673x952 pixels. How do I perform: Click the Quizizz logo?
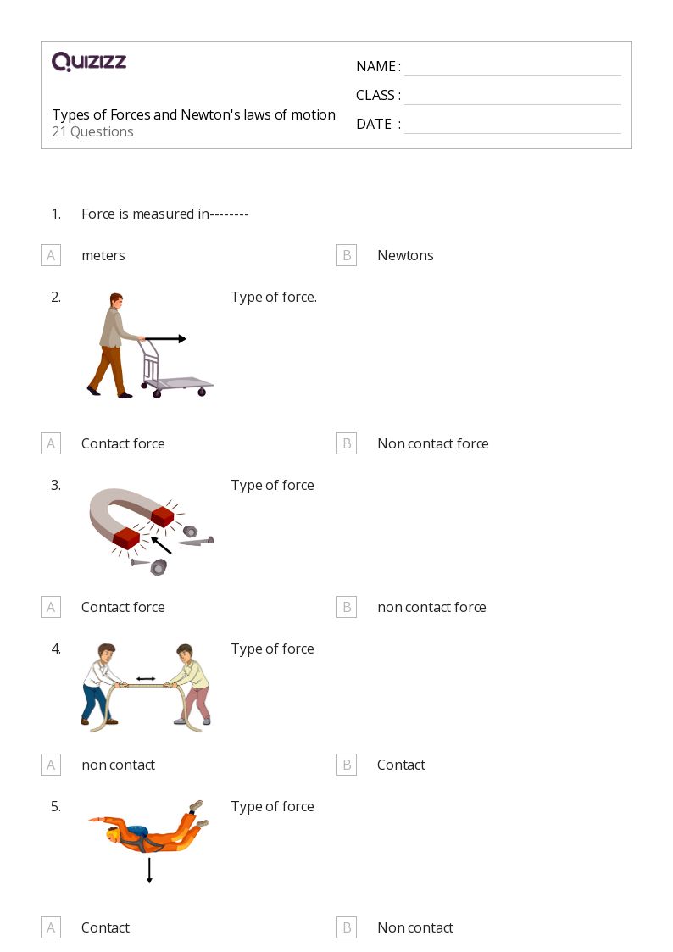coord(89,62)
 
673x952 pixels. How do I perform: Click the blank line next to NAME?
coord(512,68)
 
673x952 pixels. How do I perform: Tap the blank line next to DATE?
coord(512,125)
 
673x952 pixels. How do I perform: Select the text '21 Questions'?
coord(92,132)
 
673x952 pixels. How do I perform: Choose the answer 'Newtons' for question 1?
coord(404,255)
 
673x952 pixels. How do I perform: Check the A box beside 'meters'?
coord(51,255)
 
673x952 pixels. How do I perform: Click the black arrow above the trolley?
coord(165,339)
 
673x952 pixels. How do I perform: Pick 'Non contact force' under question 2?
coord(432,443)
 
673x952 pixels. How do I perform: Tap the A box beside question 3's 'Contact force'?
coord(51,607)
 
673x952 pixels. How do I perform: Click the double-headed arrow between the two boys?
coord(146,679)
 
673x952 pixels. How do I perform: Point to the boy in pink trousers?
coord(191,685)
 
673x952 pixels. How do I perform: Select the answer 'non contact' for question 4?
coord(118,765)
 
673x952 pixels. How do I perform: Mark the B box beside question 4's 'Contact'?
coord(347,765)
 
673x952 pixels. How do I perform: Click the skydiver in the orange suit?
coord(148,831)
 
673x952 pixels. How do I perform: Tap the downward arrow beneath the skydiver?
coord(149,871)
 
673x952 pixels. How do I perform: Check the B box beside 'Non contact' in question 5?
coord(347,927)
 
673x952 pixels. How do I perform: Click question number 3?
coord(56,486)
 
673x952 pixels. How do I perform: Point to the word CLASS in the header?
coord(375,95)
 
